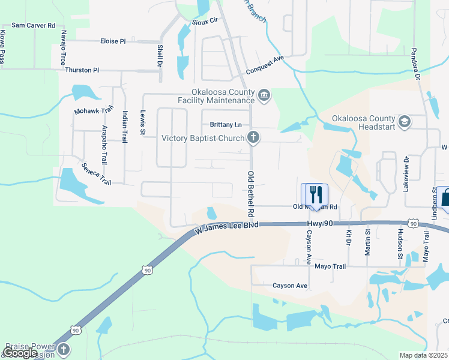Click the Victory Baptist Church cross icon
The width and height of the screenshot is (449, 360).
(x=253, y=138)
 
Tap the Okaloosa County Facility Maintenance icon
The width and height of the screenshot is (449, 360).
(x=264, y=95)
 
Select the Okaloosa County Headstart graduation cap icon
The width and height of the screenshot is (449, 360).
(x=404, y=122)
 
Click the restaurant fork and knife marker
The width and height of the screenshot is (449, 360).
(x=315, y=194)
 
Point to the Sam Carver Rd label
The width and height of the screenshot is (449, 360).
(x=33, y=25)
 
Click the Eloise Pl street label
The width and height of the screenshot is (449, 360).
(x=113, y=41)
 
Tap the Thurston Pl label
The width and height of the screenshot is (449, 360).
(x=82, y=70)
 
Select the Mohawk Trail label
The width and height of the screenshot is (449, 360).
(x=94, y=111)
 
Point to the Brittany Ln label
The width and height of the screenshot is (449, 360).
(x=226, y=125)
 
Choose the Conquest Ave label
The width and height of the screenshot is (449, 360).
(x=267, y=62)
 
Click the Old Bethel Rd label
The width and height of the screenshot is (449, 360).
(x=252, y=193)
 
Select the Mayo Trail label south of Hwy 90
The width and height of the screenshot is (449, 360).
(x=331, y=266)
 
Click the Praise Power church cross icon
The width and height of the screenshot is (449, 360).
(x=63, y=349)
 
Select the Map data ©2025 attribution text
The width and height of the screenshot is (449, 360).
(x=424, y=355)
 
